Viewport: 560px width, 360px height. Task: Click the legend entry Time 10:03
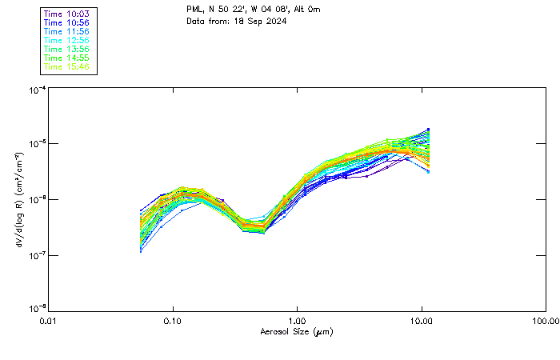(68, 14)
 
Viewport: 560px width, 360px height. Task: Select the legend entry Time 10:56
(68, 23)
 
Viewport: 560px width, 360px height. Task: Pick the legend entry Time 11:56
(68, 32)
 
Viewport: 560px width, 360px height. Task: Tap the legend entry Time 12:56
(68, 41)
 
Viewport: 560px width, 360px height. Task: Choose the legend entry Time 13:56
(68, 50)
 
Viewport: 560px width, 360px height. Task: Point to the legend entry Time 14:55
(68, 58)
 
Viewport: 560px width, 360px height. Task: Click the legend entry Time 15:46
(68, 67)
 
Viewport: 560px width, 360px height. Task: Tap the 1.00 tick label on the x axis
(297, 322)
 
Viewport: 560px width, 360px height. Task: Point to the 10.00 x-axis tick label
(422, 322)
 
